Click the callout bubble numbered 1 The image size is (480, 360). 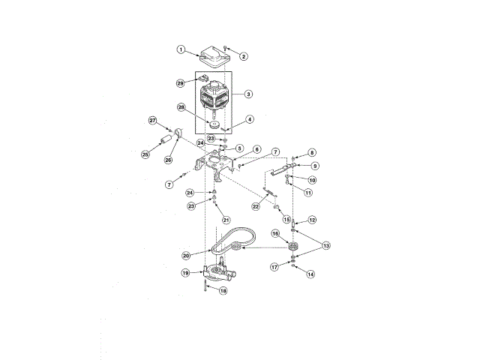pos(181,49)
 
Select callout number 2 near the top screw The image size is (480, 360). pos(244,56)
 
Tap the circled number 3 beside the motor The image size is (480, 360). pos(248,94)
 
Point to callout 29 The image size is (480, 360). pos(180,82)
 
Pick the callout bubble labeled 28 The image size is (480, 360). pos(181,108)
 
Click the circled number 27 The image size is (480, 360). pos(152,120)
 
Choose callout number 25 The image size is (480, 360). pos(145,154)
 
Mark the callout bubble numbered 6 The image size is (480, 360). pos(256,150)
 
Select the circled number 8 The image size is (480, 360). pos(312,153)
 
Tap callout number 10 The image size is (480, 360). pos(312,180)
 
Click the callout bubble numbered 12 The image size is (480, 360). pos(312,220)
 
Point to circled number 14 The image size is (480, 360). pos(310,274)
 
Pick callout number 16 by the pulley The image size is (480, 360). pos(275,234)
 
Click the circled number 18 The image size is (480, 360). pos(223,290)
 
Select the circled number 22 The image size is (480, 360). pos(256,206)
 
